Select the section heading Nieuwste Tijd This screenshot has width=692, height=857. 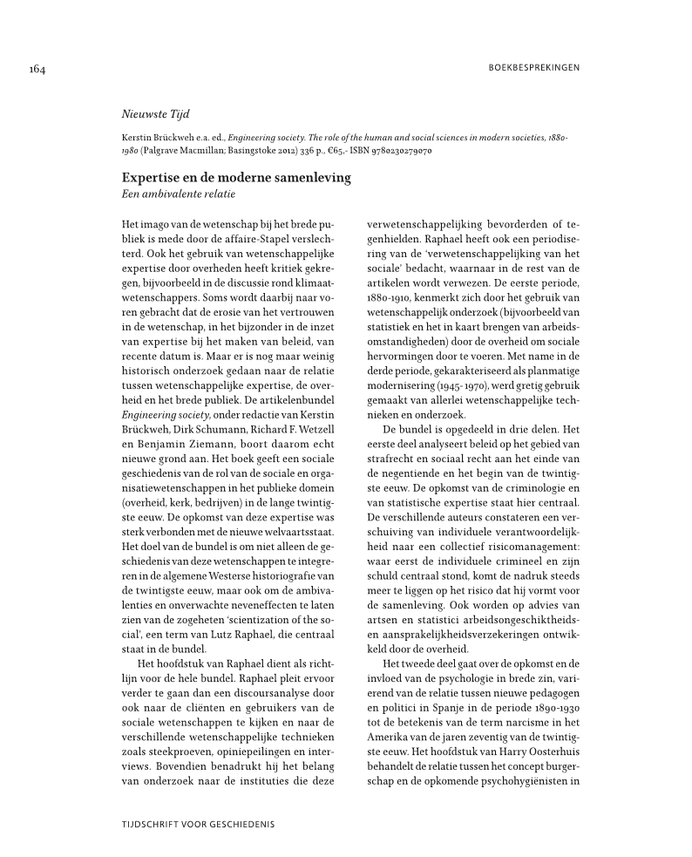click(x=155, y=114)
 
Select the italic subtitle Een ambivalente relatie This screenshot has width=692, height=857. click(x=178, y=193)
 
